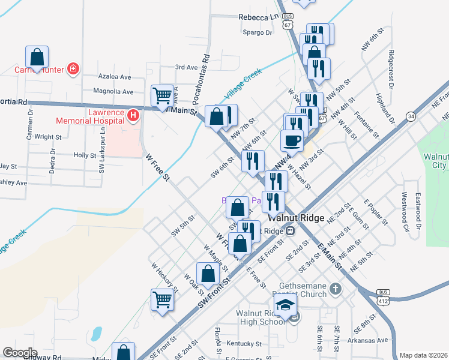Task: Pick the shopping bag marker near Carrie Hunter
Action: click(x=37, y=57)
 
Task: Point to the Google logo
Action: click(x=20, y=353)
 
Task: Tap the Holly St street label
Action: click(x=85, y=155)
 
